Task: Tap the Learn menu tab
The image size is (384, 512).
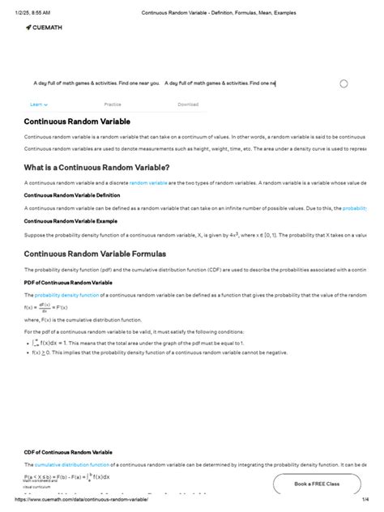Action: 39,105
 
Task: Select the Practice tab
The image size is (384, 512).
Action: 113,105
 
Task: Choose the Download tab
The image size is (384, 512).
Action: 187,105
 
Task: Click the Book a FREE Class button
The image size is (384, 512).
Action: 317,484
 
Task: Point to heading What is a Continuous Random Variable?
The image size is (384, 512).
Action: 96,167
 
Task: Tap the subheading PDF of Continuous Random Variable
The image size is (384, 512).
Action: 68,282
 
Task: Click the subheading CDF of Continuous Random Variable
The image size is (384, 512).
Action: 68,451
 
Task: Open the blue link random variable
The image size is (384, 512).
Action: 148,183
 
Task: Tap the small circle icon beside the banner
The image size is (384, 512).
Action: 343,83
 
